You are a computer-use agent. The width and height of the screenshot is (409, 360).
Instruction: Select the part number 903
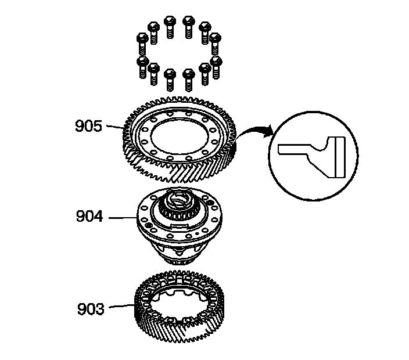pos(90,308)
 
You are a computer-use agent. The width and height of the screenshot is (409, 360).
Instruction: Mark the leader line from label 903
pos(119,307)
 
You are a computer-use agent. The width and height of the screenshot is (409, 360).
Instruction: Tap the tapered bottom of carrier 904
pos(180,255)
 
